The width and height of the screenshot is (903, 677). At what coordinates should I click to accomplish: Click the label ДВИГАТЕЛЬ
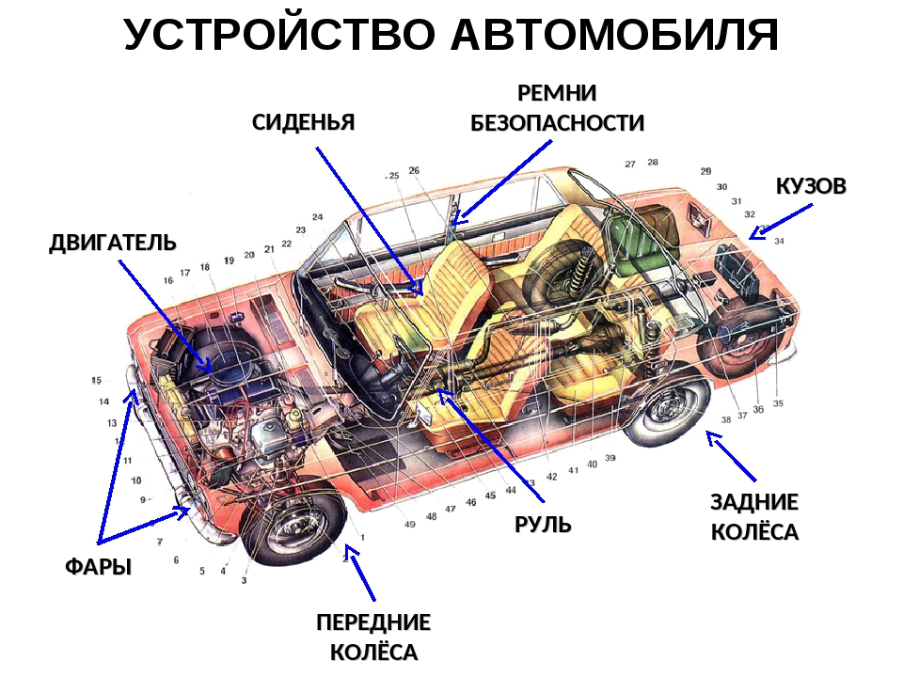click(x=112, y=243)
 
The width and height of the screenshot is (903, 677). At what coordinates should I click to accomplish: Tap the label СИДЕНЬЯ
click(x=304, y=122)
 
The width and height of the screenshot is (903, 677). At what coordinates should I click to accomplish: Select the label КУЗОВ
click(x=811, y=186)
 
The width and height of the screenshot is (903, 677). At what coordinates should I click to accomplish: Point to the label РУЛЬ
click(x=543, y=525)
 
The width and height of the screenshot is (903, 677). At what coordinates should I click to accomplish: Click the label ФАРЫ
click(x=99, y=567)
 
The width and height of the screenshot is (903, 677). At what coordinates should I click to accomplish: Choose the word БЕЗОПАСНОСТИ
click(x=557, y=123)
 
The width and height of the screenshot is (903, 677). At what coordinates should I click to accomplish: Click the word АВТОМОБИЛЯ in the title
click(x=614, y=35)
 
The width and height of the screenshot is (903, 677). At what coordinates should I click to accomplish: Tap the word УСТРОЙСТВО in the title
click(x=279, y=35)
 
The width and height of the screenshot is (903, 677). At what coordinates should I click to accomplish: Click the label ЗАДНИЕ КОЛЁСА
click(x=754, y=517)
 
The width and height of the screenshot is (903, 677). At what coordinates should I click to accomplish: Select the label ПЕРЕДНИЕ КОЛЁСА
click(x=373, y=638)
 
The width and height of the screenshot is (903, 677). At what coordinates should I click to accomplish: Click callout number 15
click(x=96, y=380)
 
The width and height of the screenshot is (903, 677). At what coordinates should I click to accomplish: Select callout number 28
click(x=653, y=163)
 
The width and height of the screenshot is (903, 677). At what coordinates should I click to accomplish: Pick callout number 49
click(x=409, y=525)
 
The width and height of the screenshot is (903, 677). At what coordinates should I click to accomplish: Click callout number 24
click(x=317, y=217)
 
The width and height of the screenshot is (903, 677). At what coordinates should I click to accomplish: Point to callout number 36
click(x=758, y=409)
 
